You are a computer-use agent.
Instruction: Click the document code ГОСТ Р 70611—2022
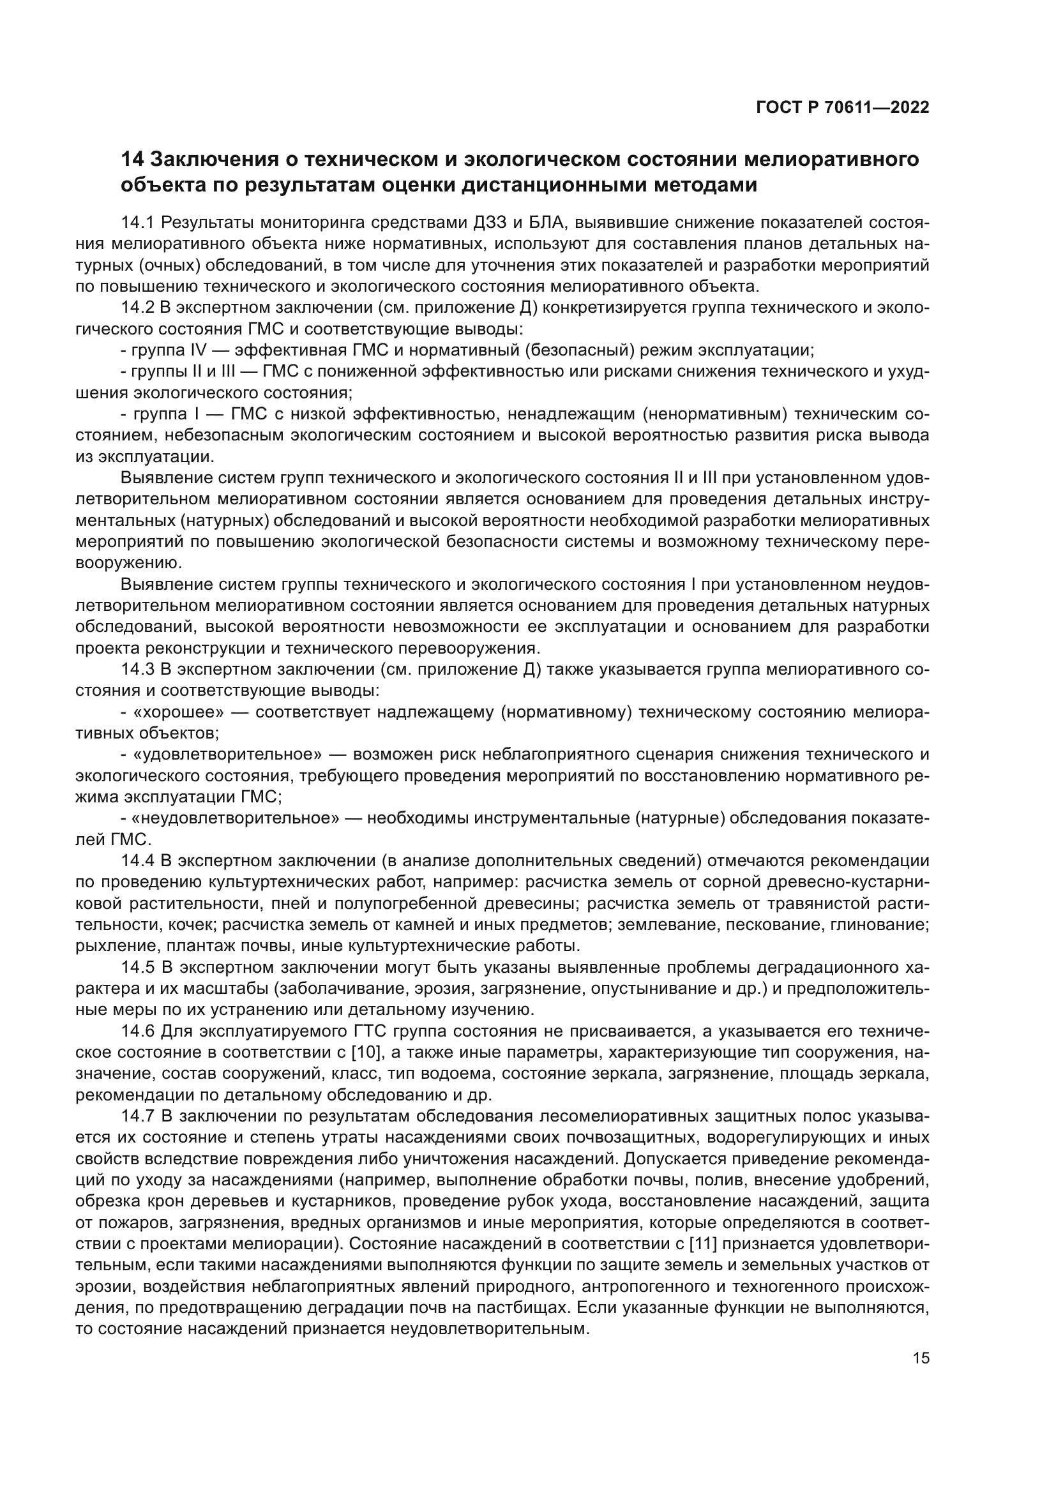pyautogui.click(x=843, y=108)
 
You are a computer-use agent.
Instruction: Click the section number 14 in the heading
pyautogui.click(x=132, y=159)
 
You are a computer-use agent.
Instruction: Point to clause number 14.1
pyautogui.click(x=137, y=222)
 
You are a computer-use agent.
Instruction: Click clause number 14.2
pyautogui.click(x=137, y=308)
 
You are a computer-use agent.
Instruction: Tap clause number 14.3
pyautogui.click(x=137, y=670)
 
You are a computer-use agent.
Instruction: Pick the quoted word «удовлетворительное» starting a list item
pyautogui.click(x=227, y=754)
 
